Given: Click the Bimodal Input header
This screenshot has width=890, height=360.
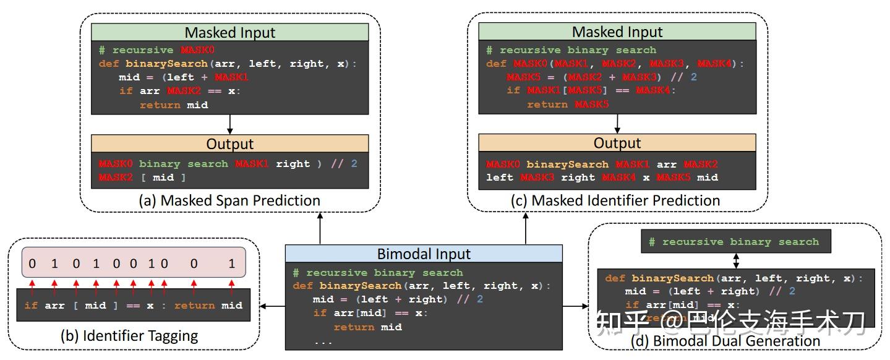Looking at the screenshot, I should click(424, 254).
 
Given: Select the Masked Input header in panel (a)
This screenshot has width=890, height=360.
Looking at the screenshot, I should click(229, 32).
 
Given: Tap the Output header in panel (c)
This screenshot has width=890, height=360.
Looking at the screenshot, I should click(617, 143).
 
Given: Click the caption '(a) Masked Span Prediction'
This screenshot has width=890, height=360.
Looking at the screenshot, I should click(229, 200).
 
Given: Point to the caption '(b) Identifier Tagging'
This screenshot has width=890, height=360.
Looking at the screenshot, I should click(129, 336).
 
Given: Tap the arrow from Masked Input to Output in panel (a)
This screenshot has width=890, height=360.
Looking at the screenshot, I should click(229, 124).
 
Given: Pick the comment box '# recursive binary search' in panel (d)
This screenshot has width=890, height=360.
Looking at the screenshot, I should click(736, 242).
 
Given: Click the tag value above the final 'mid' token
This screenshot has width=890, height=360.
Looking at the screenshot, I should click(232, 264).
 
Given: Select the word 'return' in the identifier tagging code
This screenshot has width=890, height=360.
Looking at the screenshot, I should click(194, 306).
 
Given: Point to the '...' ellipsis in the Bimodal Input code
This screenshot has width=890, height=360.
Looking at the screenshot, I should click(323, 341).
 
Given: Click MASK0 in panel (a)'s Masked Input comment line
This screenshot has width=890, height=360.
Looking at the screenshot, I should click(197, 50).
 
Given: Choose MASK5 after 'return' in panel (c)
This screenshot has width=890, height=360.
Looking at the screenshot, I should click(591, 105).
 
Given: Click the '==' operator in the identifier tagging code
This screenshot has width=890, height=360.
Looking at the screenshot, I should click(133, 306).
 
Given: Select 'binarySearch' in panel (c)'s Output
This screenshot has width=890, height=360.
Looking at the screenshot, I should click(567, 164).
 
